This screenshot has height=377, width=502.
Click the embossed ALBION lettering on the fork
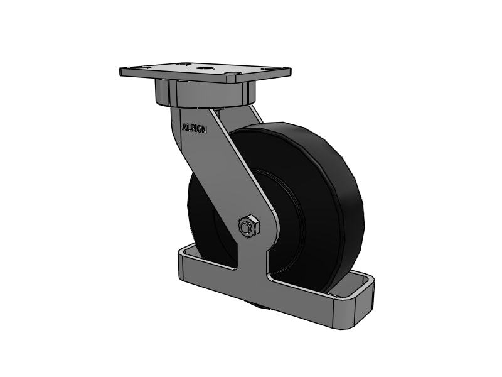[x=195, y=127]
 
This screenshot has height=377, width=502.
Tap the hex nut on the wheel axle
[x=248, y=226]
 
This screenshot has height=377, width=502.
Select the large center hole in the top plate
[x=205, y=67]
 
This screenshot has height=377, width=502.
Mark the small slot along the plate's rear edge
[x=183, y=63]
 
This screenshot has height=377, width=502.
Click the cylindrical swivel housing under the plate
[x=204, y=96]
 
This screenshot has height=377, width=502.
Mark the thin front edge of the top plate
[x=201, y=79]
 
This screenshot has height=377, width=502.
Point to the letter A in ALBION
[x=184, y=127]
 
